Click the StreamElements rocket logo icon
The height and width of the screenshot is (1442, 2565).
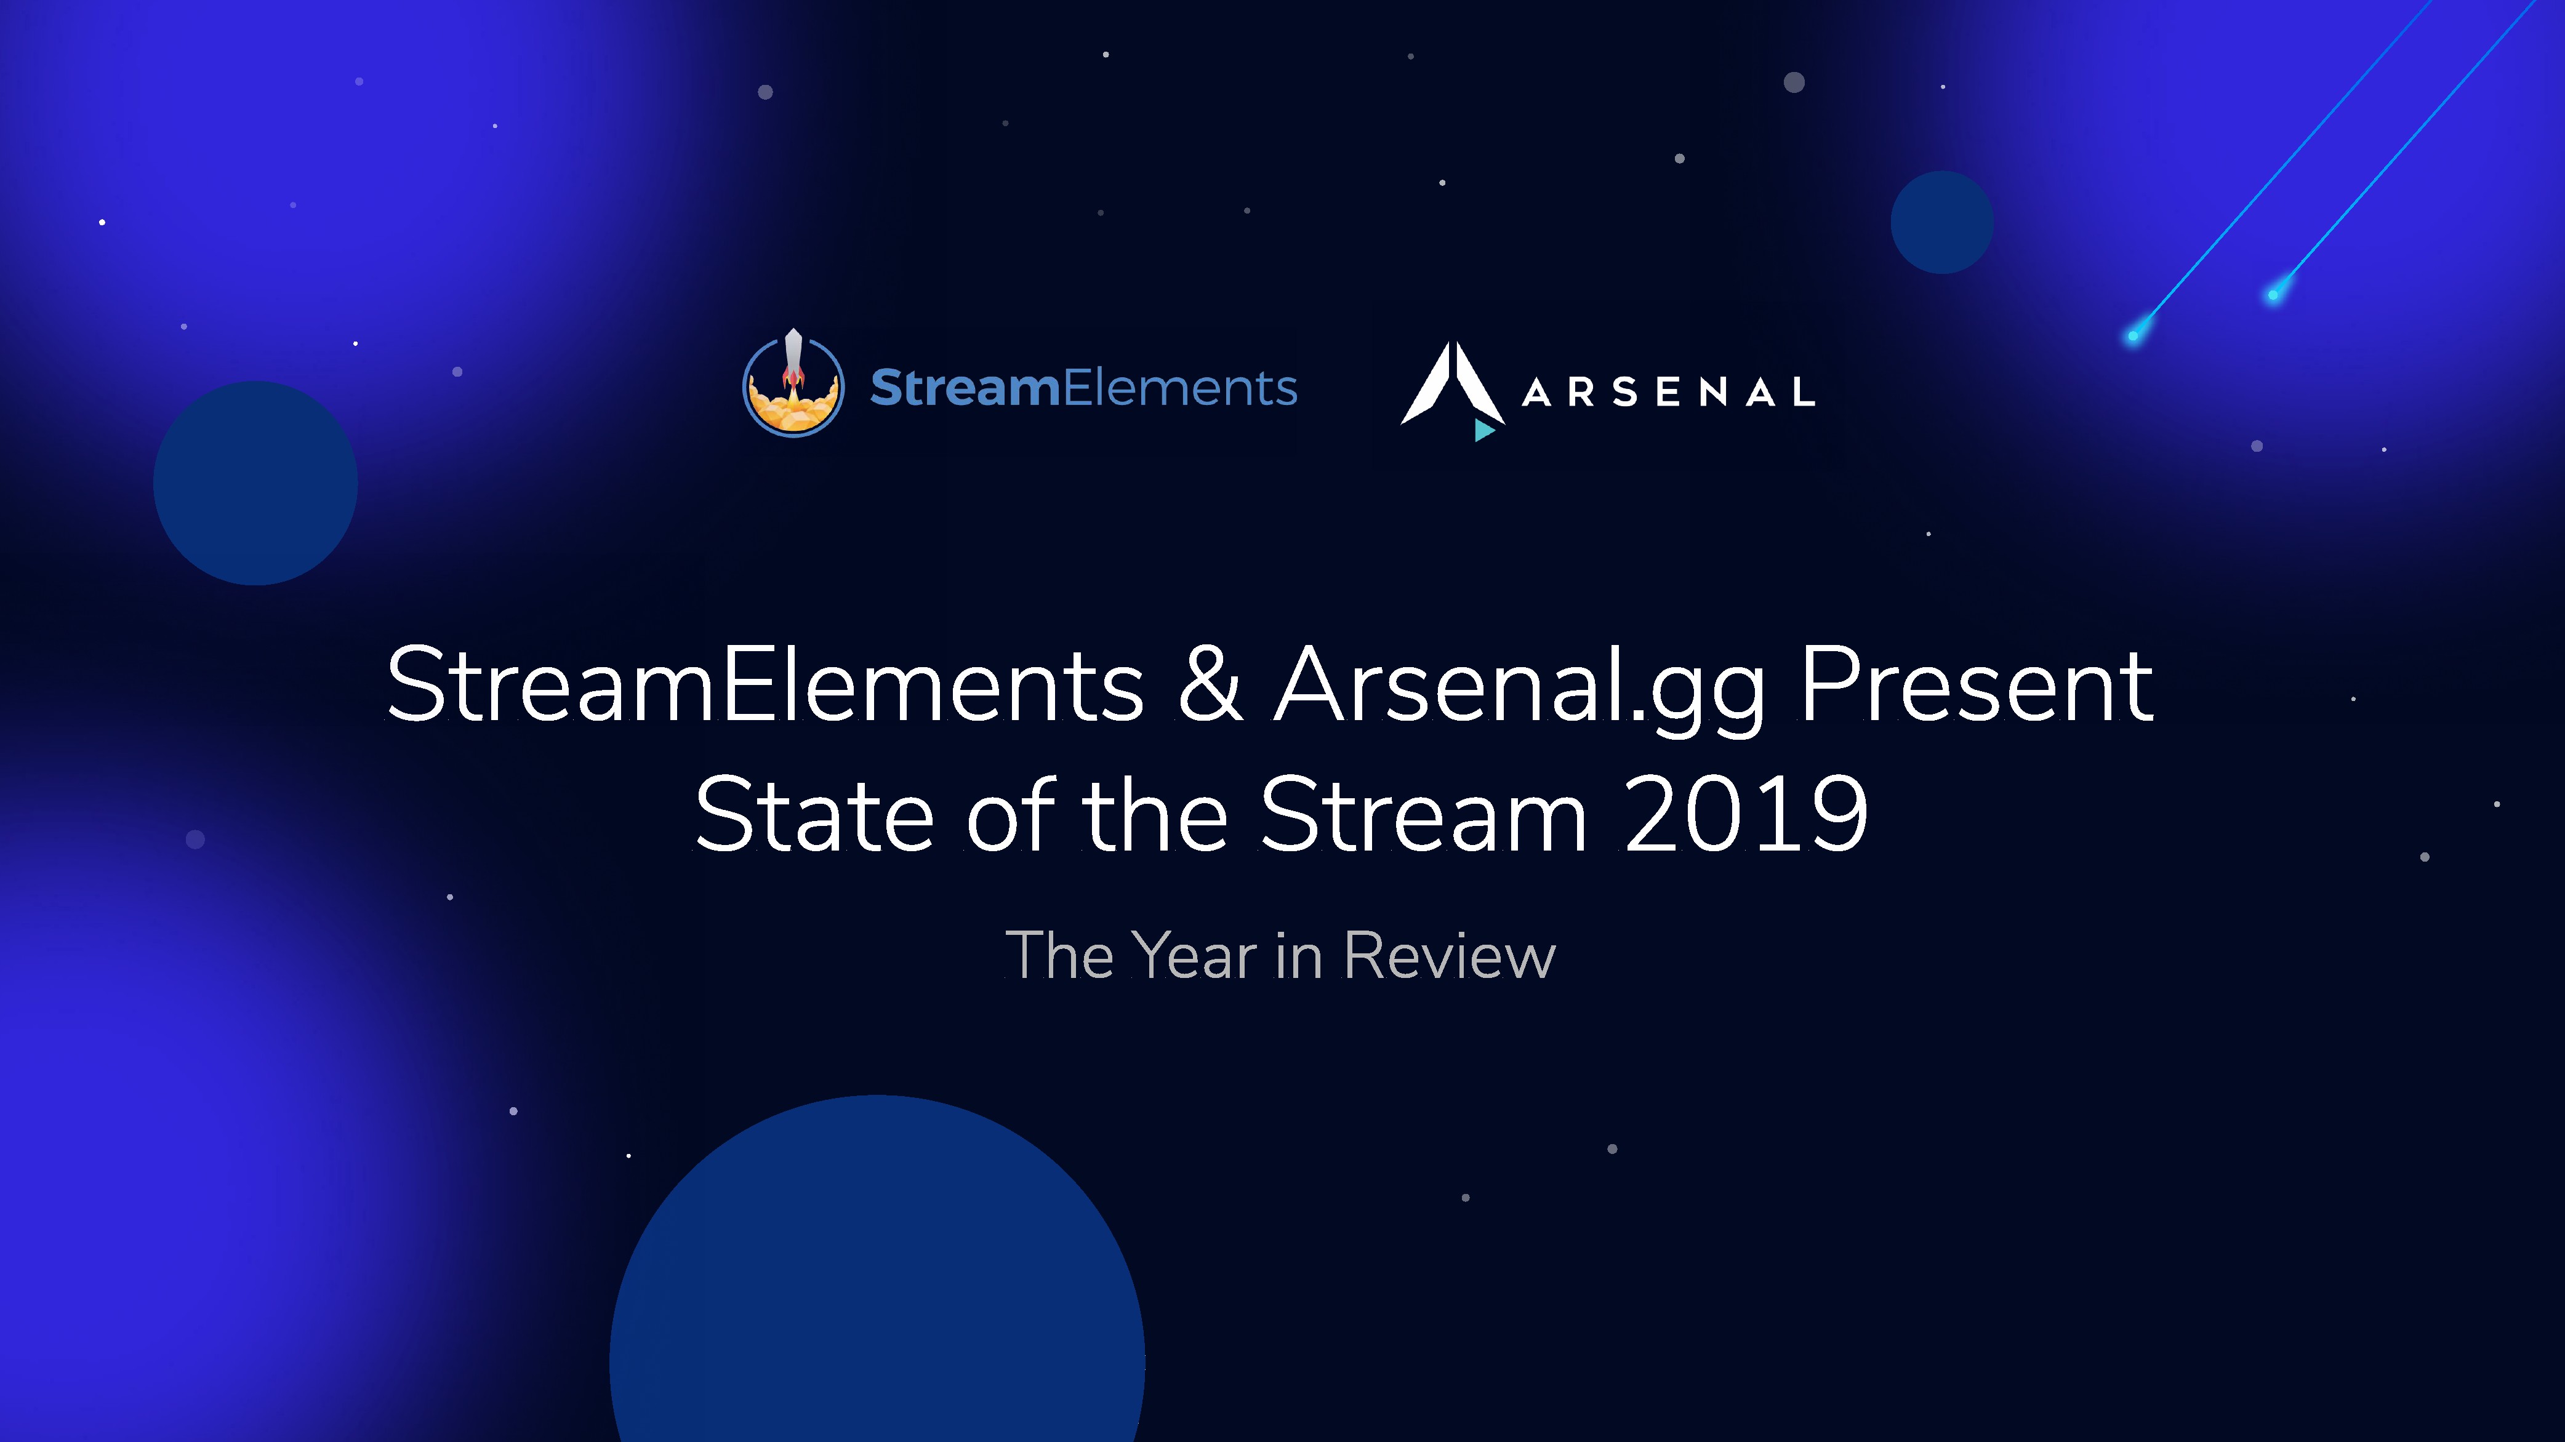[x=793, y=385]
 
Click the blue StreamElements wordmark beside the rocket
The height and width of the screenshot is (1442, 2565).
[x=1083, y=388]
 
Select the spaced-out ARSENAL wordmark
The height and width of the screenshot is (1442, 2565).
[x=1669, y=393]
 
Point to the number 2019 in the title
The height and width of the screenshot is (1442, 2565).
[x=1746, y=815]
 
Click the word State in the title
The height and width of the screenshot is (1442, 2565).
[x=814, y=815]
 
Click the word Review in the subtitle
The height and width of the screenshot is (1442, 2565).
[x=1450, y=956]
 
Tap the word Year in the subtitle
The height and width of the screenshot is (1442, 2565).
[x=1195, y=956]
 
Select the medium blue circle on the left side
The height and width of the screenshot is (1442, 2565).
[x=256, y=483]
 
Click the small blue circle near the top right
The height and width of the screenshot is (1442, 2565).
[x=1941, y=222]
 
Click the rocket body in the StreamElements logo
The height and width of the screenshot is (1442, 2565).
[x=793, y=356]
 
